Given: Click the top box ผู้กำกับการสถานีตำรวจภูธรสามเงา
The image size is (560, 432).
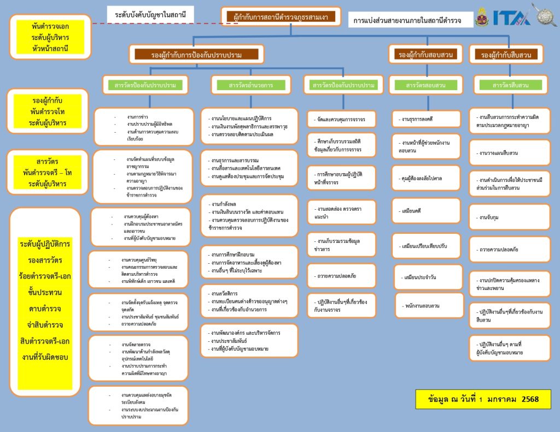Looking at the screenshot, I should tap(281, 17).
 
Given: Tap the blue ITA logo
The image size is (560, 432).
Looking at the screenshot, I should tap(511, 17).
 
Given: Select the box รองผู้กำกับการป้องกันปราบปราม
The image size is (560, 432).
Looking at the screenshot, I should tap(196, 54).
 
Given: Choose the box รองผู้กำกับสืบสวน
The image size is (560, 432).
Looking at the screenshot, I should tap(506, 55).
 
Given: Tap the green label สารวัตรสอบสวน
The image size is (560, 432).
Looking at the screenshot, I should tap(426, 85).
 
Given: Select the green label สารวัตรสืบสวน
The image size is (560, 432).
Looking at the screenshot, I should tap(510, 85).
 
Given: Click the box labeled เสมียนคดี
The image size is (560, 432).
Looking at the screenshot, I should tap(426, 211).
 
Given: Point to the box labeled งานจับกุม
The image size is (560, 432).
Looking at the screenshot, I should tap(509, 217).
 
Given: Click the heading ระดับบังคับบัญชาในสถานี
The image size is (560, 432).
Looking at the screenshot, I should tap(150, 14).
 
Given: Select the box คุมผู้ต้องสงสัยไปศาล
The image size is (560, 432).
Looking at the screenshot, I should tap(426, 178).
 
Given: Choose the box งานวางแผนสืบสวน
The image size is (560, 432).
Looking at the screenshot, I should tap(509, 153).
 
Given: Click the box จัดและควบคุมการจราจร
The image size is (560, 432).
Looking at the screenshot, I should tap(342, 119).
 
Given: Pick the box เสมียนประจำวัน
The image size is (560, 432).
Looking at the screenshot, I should tap(426, 277).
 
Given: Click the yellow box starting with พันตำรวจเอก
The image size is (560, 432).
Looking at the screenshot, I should tap(50, 37).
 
